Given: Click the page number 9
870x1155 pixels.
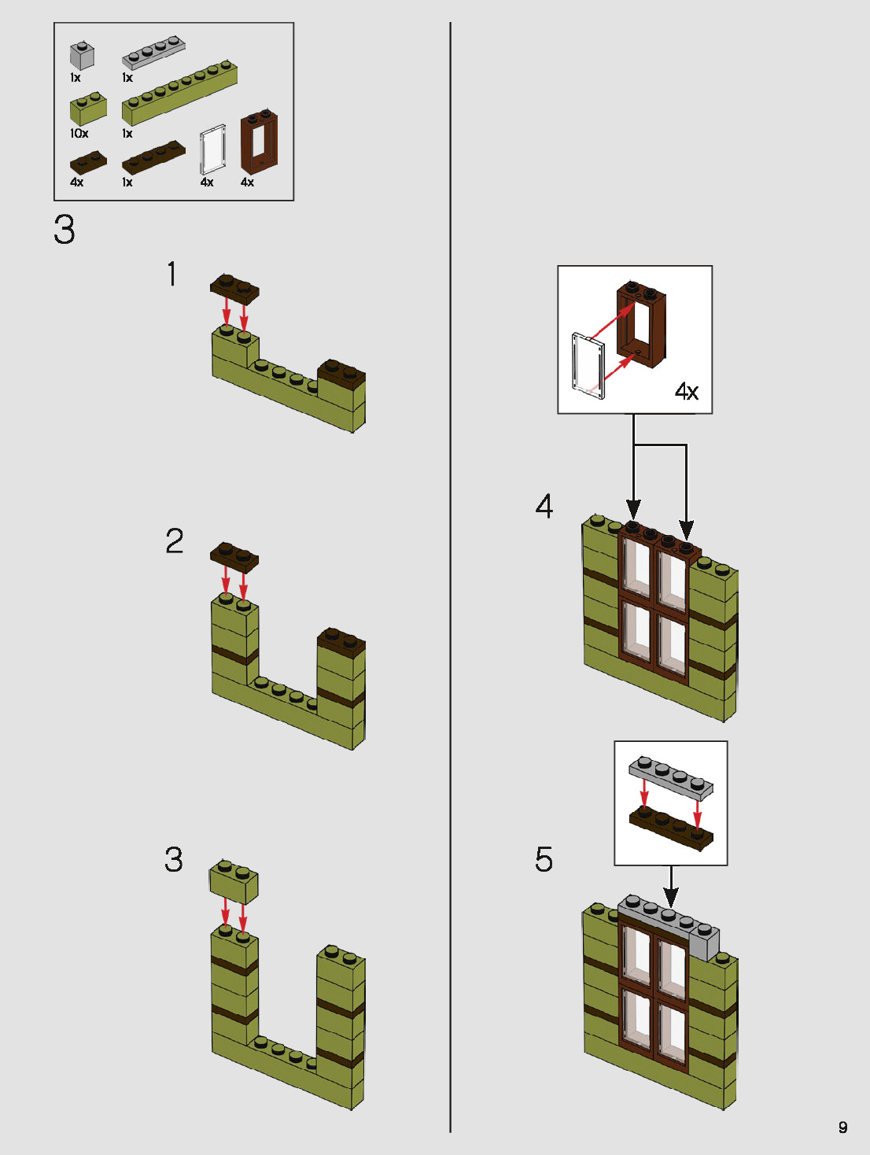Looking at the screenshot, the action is click(842, 1127).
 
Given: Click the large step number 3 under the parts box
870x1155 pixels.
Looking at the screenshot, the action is click(65, 230).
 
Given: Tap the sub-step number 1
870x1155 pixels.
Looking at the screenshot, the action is click(171, 275).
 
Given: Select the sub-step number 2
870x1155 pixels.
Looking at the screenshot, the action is click(174, 541).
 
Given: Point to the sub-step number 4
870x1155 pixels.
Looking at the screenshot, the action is click(544, 506).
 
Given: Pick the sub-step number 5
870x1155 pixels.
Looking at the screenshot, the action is click(544, 859).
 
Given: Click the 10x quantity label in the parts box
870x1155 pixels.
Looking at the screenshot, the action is click(79, 134).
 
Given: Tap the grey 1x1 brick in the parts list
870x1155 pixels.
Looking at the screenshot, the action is click(82, 56).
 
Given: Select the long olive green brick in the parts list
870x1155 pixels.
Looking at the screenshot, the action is click(179, 92).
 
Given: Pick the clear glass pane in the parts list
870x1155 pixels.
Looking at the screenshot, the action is click(212, 149).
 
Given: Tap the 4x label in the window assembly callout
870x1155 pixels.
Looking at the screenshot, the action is click(686, 391).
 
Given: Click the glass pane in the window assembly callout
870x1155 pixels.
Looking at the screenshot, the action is click(587, 363).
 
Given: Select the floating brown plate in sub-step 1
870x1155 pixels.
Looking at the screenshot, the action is click(234, 288).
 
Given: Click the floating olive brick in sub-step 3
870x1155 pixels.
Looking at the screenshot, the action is click(234, 881).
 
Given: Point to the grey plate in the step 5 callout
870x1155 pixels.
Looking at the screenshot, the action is click(671, 775).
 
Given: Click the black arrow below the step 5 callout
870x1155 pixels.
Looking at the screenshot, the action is click(670, 886).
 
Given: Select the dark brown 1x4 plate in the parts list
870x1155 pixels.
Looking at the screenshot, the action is click(153, 157).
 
